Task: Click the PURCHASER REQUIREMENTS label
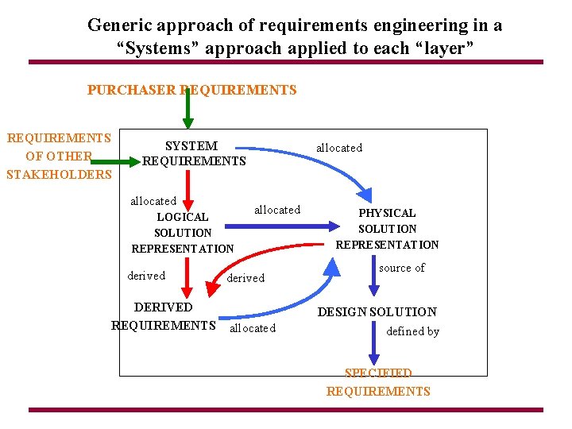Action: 191,90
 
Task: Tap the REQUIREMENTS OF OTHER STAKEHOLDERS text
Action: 59,157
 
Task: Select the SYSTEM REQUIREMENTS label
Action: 194,153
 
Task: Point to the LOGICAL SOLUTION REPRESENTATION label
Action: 183,232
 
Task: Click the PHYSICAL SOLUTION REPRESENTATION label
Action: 387,229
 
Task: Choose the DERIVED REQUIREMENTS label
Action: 164,316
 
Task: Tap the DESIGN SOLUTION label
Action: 377,312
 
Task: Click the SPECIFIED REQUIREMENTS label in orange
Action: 378,382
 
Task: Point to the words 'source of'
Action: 401,268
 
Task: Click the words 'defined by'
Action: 412,331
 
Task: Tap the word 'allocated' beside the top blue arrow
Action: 339,148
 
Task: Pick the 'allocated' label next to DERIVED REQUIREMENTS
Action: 253,328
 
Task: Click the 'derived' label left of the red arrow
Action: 146,276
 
